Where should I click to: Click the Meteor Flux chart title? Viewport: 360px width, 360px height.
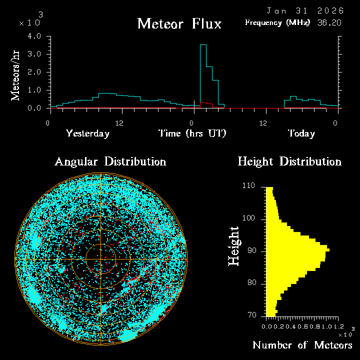click(179, 23)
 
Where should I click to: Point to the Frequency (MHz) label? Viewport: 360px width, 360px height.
click(277, 22)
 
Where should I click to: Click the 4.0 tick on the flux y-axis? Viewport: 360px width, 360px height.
click(34, 36)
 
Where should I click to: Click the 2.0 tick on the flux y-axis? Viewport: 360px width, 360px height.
click(34, 72)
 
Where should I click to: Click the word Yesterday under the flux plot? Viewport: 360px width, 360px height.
click(87, 133)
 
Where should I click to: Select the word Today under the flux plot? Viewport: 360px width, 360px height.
click(301, 133)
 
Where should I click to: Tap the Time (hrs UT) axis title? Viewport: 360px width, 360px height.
click(192, 133)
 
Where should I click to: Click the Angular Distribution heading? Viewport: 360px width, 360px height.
click(110, 161)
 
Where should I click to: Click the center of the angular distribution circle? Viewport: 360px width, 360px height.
click(101, 259)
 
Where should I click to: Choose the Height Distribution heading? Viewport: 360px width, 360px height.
click(289, 161)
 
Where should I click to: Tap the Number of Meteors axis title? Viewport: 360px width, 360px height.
click(302, 345)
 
